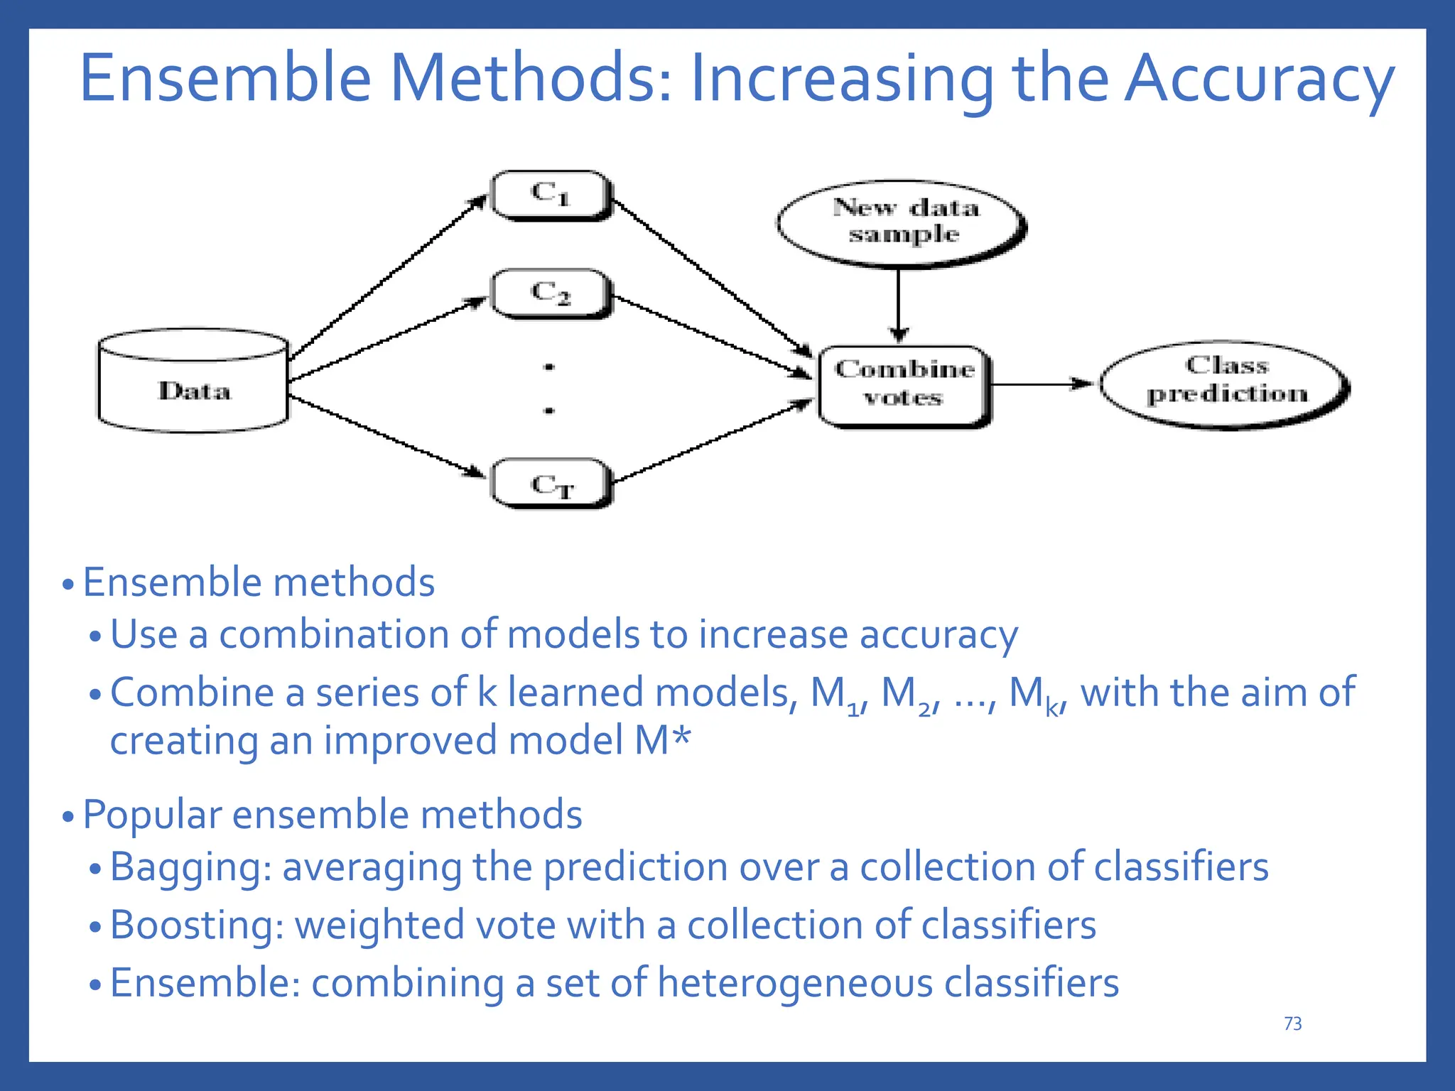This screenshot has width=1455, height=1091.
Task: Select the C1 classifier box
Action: point(551,195)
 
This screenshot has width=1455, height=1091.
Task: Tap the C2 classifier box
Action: point(551,293)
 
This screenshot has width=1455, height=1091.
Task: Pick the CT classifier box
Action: point(551,484)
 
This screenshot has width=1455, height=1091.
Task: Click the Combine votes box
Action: point(904,386)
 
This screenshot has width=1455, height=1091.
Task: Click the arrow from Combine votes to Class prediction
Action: point(1041,384)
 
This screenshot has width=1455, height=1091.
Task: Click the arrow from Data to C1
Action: point(387,277)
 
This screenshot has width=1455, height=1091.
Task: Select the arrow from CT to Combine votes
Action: point(710,442)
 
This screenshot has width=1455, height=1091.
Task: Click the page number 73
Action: point(1293,1024)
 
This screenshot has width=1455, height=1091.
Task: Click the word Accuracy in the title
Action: point(1259,80)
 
